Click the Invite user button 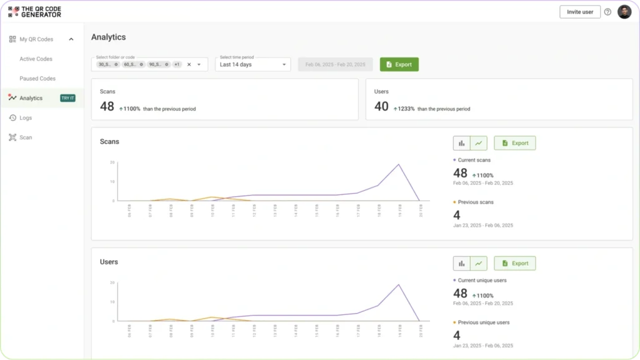pos(579,12)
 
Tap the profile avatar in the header pos(624,12)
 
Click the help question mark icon pos(607,12)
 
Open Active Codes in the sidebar pos(36,59)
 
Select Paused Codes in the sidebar pos(37,79)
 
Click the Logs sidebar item pos(26,117)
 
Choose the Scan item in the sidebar pos(26,137)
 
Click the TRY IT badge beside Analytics pos(67,98)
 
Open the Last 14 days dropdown pos(253,64)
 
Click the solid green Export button pos(399,64)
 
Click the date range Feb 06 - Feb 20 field pos(335,64)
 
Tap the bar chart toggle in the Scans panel pos(462,143)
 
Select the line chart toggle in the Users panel pos(479,264)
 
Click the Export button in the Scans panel pos(515,143)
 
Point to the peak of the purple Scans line pos(399,164)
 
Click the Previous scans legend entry pos(476,202)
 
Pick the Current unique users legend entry pos(482,281)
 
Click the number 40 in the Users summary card pos(381,107)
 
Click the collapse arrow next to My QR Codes pos(71,39)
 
